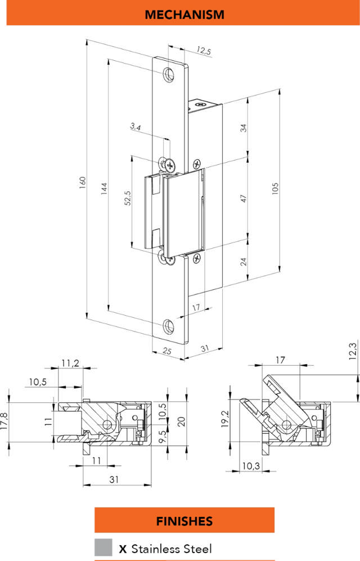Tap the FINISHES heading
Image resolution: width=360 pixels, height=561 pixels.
point(184,520)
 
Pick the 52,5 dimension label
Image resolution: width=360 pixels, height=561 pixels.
point(128,200)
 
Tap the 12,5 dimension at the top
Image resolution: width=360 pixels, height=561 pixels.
point(203,52)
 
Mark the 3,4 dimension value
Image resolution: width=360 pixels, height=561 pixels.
point(136,128)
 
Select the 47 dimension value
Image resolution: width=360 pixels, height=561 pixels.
point(244,199)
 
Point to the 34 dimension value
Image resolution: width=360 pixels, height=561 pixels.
point(244,127)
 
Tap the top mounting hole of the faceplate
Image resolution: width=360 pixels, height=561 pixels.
point(168,74)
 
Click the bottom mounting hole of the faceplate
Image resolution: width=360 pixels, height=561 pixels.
point(168,326)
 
